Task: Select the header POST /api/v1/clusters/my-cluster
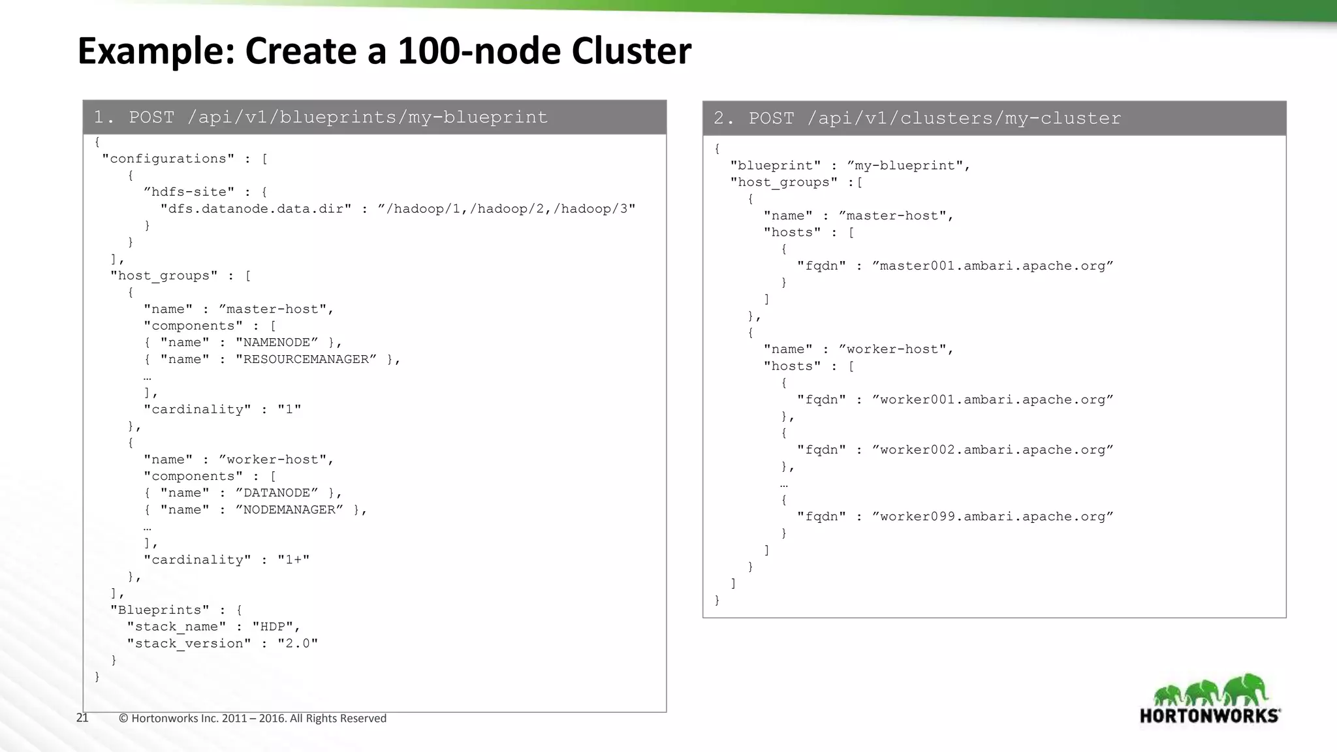coord(917,118)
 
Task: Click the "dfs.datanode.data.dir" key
coord(256,209)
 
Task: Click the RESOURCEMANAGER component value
coord(306,360)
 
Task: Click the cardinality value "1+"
coord(293,560)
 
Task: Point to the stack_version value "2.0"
coord(298,644)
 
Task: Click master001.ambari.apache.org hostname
coord(992,266)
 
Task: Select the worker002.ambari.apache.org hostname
coord(992,450)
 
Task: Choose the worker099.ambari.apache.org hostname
coord(992,517)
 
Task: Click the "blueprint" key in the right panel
coord(775,166)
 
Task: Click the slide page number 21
coord(82,718)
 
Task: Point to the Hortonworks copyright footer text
coord(253,719)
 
